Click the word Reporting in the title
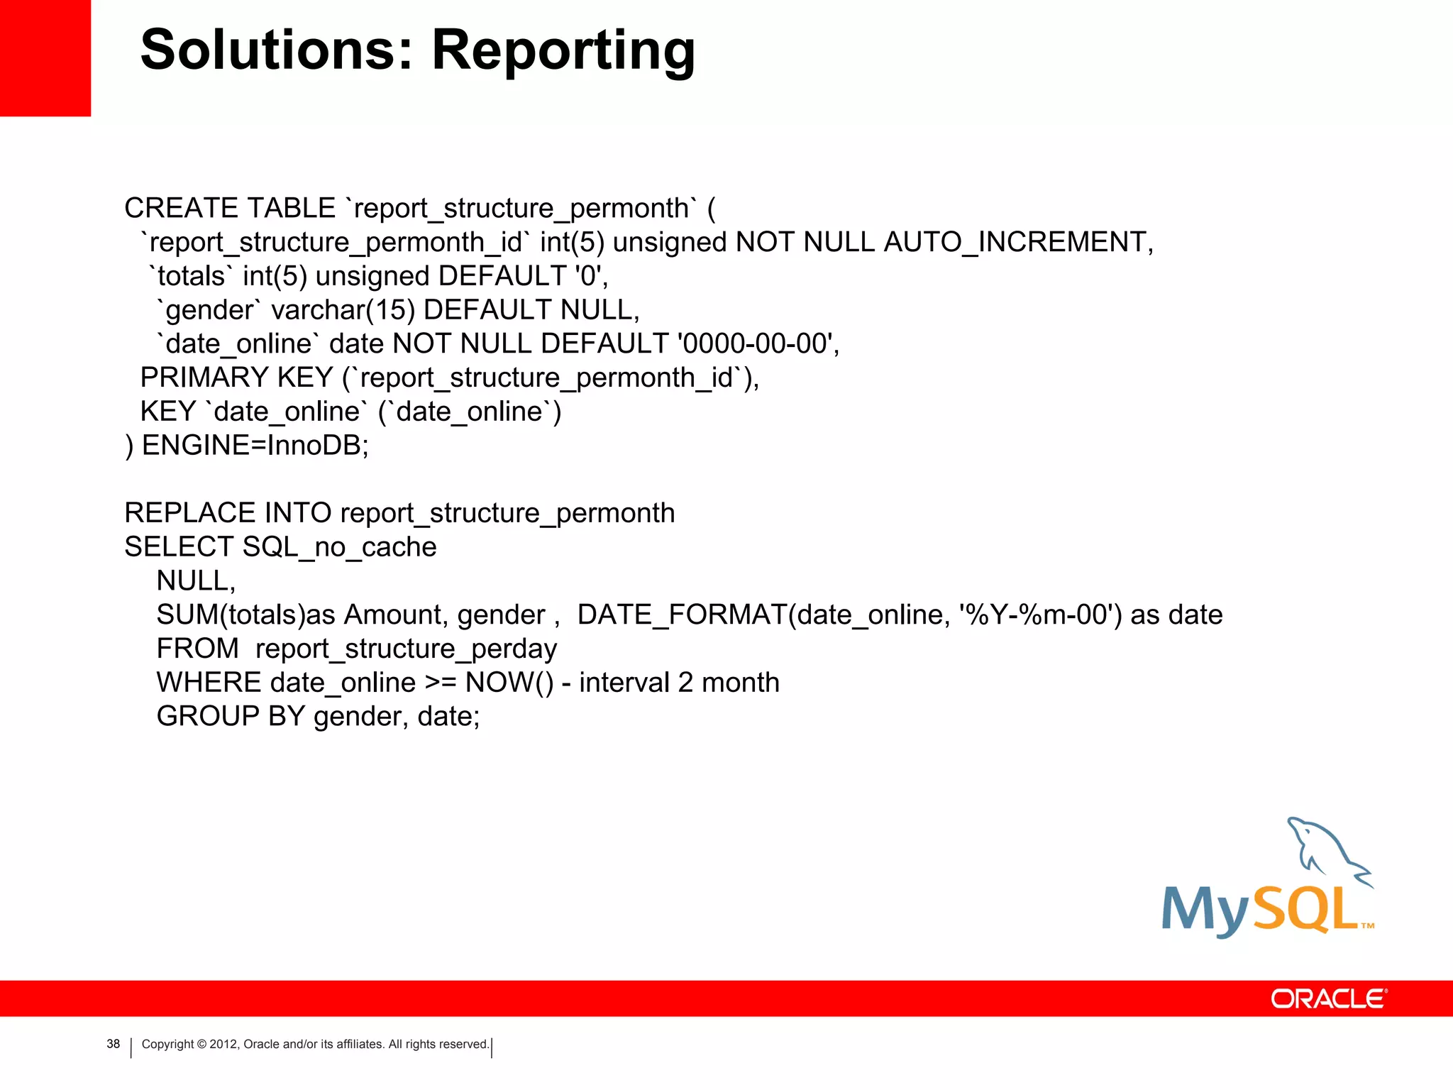[563, 51]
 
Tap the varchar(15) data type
[343, 310]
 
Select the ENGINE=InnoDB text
[255, 446]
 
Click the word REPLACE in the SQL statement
[189, 513]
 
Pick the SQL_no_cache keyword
[339, 547]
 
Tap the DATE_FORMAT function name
[682, 615]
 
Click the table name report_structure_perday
[406, 649]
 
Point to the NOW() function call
[509, 683]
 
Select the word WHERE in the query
[209, 683]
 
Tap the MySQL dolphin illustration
[1325, 852]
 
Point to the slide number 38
[114, 1044]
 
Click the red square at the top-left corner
[45, 57]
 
